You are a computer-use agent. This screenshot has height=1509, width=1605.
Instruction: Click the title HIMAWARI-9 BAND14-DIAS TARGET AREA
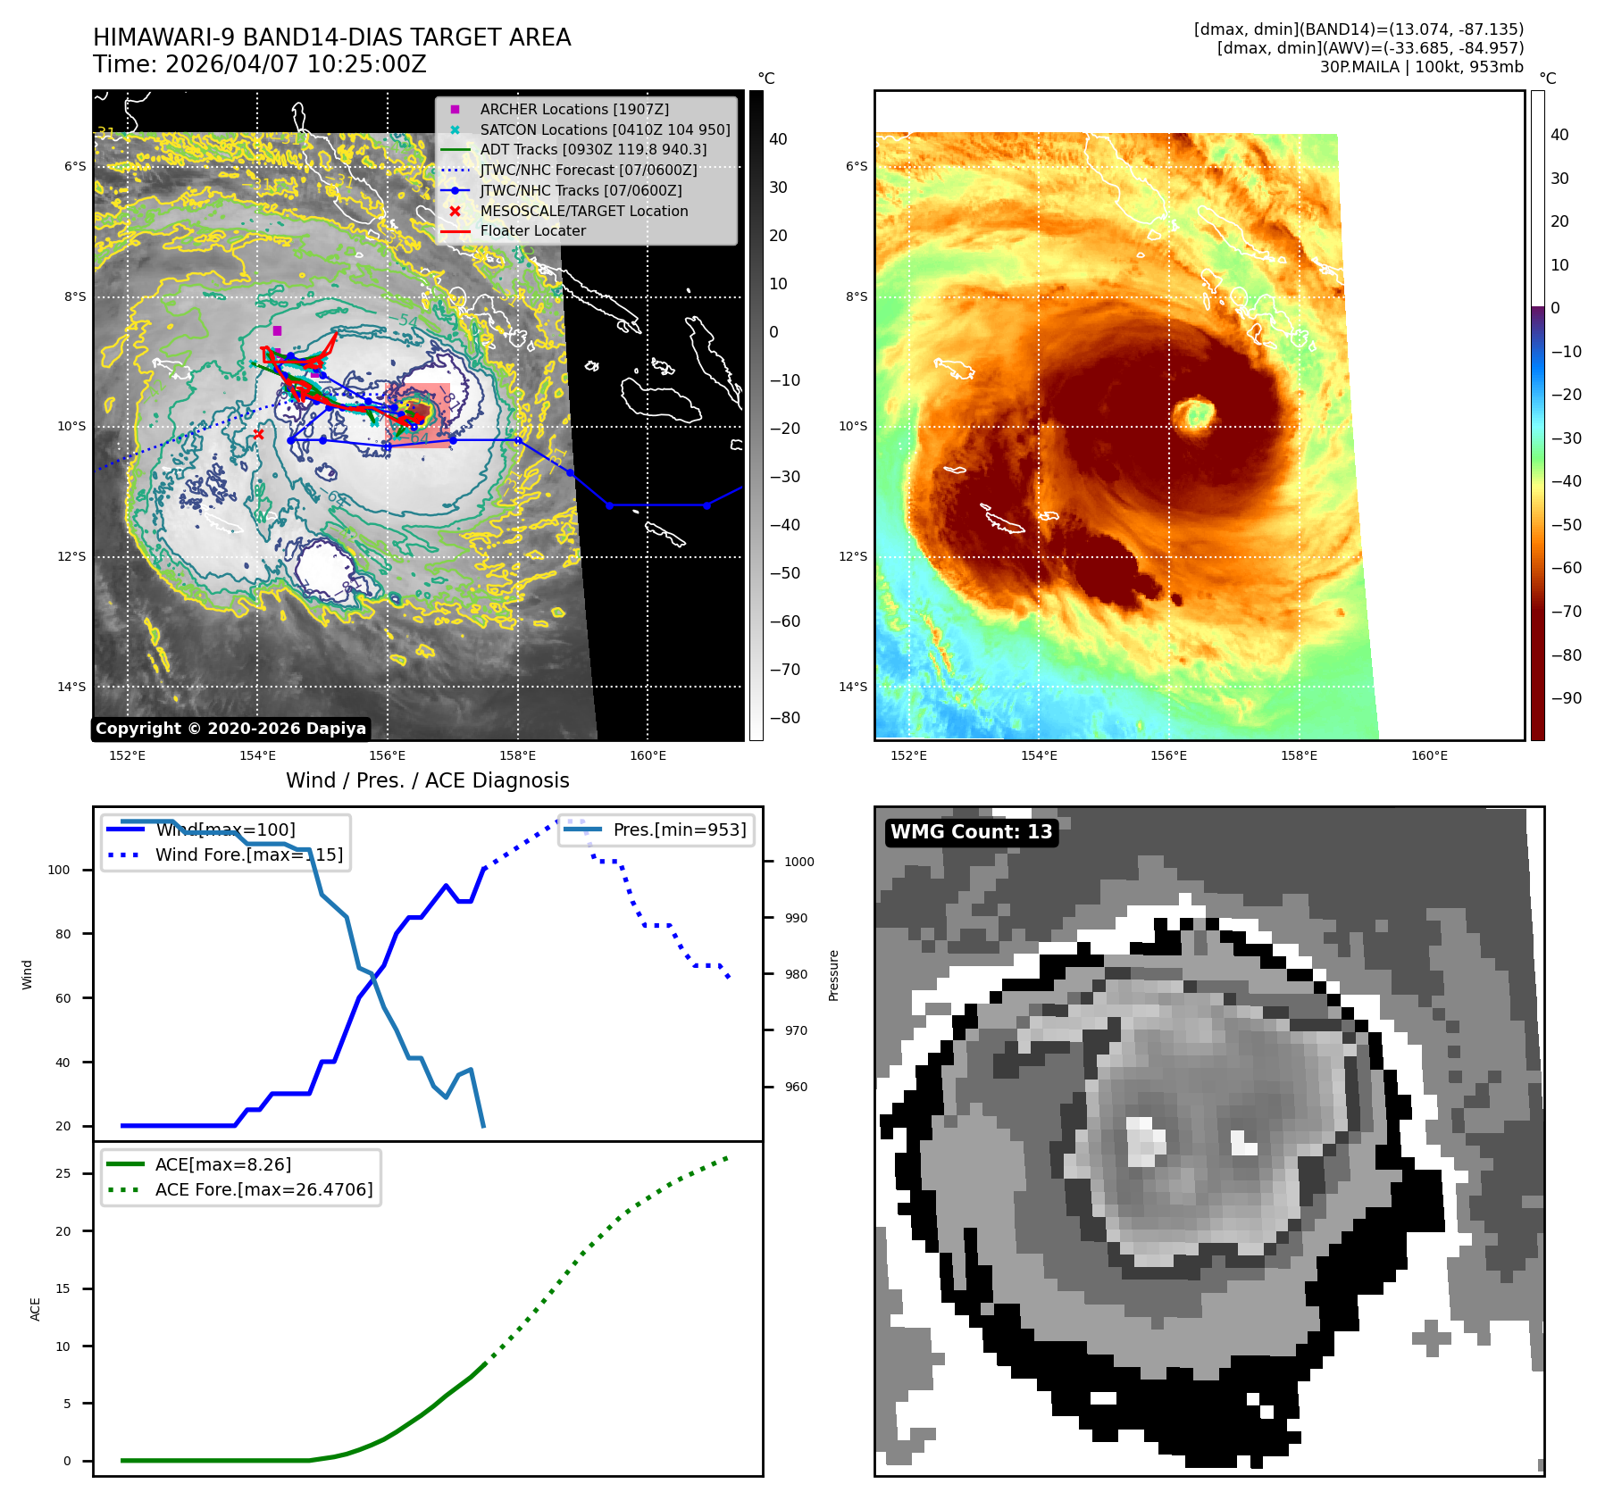point(331,38)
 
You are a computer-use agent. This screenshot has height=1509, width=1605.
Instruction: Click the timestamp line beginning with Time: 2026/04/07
point(260,65)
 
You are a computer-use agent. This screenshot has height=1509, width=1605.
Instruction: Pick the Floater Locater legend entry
point(532,230)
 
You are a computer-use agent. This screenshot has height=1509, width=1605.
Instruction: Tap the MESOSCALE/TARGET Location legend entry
point(583,211)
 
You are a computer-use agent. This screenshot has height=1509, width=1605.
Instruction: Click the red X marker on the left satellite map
point(258,435)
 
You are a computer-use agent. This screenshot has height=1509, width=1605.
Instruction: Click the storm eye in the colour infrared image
point(1193,413)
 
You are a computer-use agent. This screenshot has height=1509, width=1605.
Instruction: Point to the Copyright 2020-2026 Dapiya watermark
point(230,729)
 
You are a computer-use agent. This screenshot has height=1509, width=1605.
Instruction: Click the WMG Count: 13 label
point(971,832)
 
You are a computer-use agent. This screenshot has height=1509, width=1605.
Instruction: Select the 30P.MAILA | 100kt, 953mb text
point(1421,67)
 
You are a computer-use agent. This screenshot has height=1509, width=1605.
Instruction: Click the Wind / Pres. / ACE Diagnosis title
point(427,780)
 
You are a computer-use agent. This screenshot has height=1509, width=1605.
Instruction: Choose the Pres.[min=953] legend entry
point(679,830)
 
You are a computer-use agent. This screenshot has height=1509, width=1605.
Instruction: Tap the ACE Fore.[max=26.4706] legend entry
point(263,1189)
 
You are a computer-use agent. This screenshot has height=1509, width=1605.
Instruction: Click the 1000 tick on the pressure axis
point(798,862)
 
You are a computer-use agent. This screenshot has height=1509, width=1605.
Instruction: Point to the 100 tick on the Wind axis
point(59,870)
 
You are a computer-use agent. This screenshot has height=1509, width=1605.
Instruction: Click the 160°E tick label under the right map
point(1429,755)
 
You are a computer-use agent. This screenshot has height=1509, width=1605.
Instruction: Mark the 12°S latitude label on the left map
point(72,556)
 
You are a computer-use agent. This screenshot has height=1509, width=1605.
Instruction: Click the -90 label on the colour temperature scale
point(1566,698)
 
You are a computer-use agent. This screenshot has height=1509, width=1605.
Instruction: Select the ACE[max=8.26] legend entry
point(222,1164)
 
